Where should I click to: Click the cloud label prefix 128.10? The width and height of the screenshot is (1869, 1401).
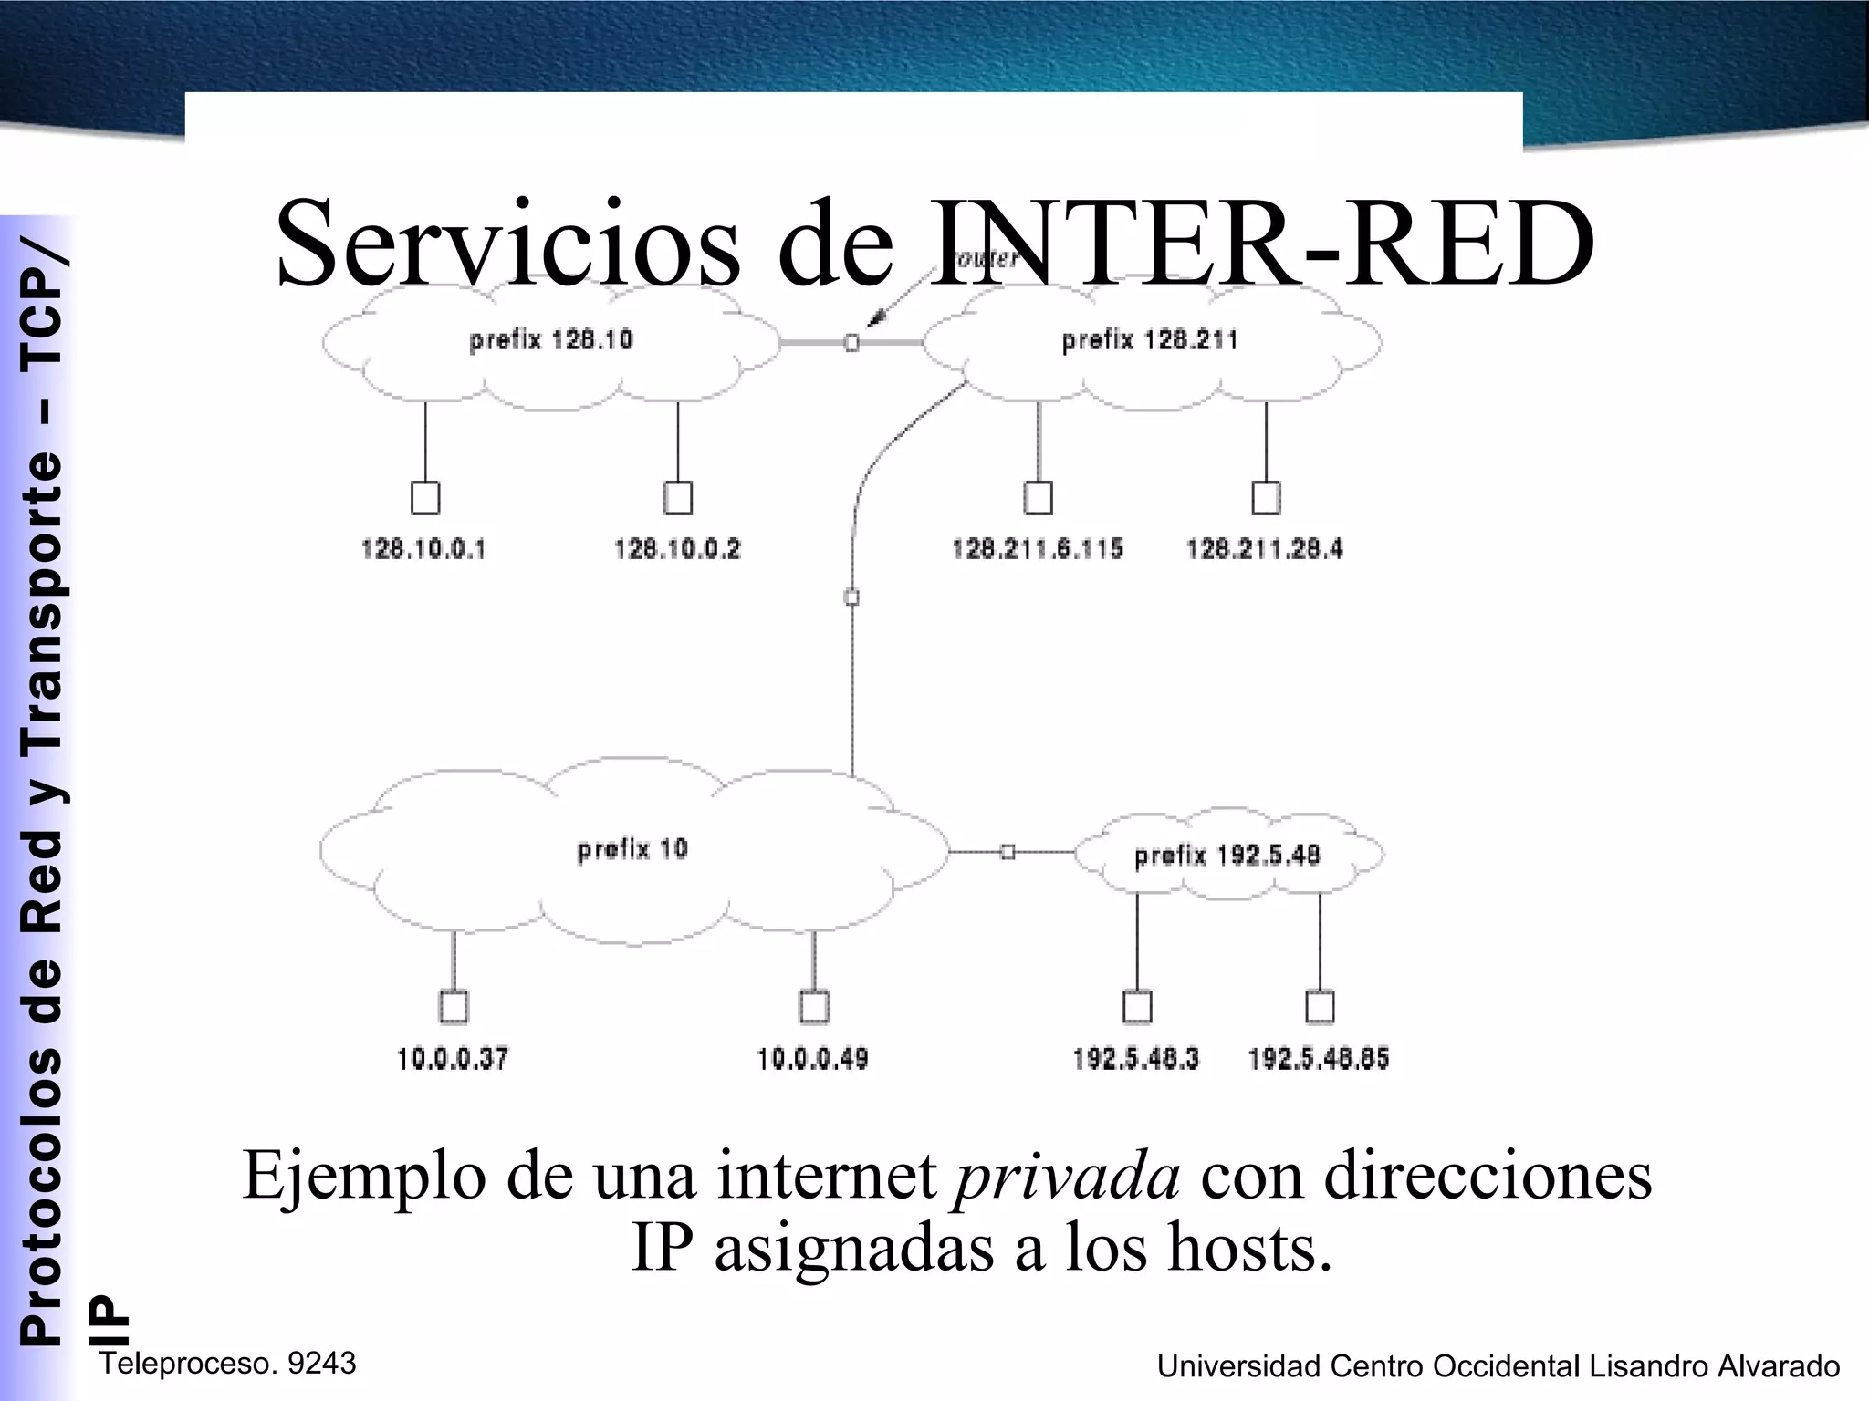[x=550, y=340]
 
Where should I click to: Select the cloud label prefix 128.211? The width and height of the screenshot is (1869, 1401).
[x=1149, y=340]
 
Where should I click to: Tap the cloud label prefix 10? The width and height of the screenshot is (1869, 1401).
[x=632, y=849]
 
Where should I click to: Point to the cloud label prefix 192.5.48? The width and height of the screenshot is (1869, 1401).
[x=1227, y=856]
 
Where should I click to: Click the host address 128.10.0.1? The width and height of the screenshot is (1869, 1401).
[x=423, y=549]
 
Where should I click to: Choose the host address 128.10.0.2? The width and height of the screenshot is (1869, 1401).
[x=677, y=549]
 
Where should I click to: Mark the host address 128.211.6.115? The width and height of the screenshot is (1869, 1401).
[x=1038, y=549]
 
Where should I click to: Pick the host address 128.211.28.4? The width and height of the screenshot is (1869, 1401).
[x=1265, y=549]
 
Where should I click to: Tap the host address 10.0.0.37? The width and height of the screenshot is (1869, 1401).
[x=453, y=1059]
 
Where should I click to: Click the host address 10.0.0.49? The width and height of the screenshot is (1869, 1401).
[x=812, y=1059]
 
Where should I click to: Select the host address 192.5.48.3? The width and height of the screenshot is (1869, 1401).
[x=1135, y=1059]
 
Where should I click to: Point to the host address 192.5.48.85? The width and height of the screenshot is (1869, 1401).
[x=1319, y=1059]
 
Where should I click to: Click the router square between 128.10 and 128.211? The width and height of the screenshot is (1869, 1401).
[x=851, y=343]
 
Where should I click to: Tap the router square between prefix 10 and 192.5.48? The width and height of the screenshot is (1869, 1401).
[x=1008, y=852]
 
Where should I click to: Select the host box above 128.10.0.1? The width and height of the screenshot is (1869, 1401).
[x=425, y=498]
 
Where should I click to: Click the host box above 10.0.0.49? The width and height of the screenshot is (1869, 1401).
[x=814, y=1007]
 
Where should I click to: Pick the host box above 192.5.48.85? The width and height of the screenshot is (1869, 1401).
[x=1320, y=1007]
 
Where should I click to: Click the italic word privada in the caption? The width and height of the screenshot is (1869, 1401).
[x=1066, y=1176]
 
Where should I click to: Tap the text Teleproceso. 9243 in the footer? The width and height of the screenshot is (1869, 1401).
[x=227, y=1364]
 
